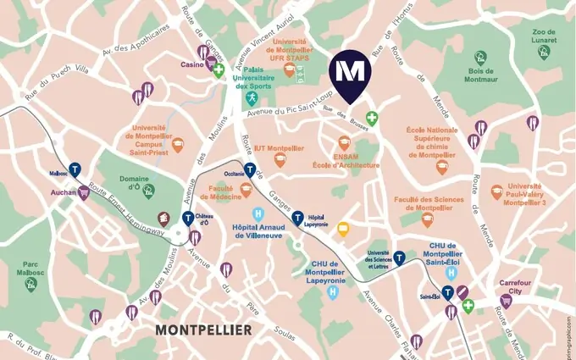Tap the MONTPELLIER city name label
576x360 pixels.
coord(203,328)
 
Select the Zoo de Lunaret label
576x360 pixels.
coord(543,36)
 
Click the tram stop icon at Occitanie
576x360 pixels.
coord(249,168)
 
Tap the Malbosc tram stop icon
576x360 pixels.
coord(75,168)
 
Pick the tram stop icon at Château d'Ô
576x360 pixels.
coord(188,219)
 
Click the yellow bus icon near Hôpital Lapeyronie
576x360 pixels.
coord(343,228)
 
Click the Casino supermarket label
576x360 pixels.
coord(193,64)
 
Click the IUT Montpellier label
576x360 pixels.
coord(278,147)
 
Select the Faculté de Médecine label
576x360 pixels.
coord(220,191)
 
